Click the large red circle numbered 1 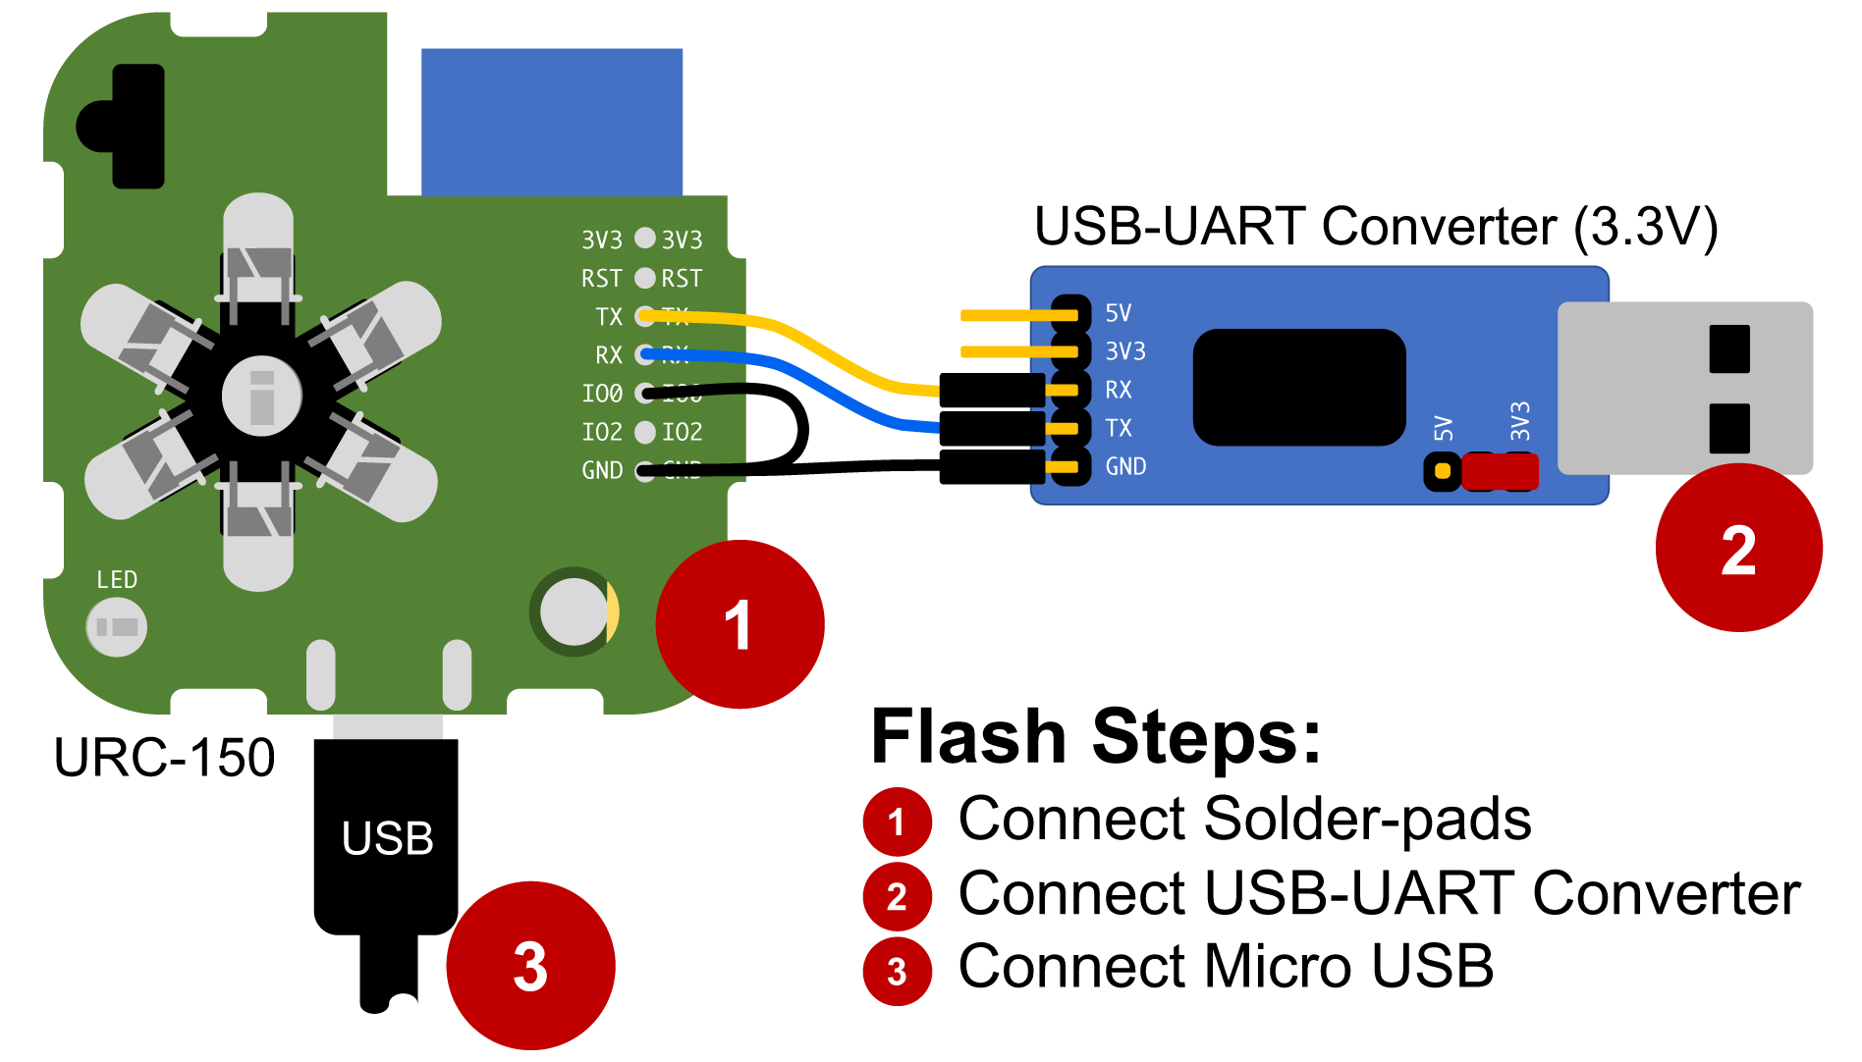739,624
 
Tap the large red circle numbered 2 1738,549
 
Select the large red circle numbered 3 530,966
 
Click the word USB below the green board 387,838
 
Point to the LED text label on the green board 117,580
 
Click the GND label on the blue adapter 1125,466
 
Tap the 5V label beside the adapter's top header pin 1118,313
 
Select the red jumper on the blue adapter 1500,472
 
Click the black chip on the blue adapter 1298,387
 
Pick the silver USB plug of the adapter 1684,388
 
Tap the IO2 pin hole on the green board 645,432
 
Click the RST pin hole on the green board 645,279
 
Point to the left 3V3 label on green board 601,240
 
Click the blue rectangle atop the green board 552,122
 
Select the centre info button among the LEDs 261,397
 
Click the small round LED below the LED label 117,627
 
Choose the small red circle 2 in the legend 897,897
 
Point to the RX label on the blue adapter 1118,390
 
